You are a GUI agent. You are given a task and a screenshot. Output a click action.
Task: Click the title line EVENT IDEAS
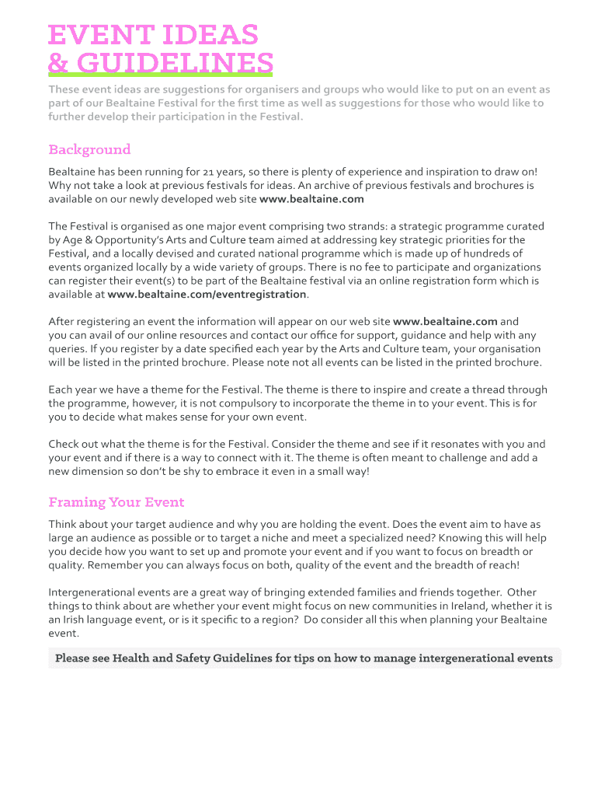pyautogui.click(x=153, y=35)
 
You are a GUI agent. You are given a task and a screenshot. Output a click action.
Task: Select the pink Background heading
pyautogui.click(x=89, y=149)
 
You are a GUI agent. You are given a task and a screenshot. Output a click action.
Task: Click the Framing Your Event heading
pyautogui.click(x=116, y=502)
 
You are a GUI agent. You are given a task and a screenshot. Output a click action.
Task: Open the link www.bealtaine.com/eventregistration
pyautogui.click(x=207, y=295)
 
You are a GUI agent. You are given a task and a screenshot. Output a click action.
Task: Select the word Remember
pyautogui.click(x=117, y=566)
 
